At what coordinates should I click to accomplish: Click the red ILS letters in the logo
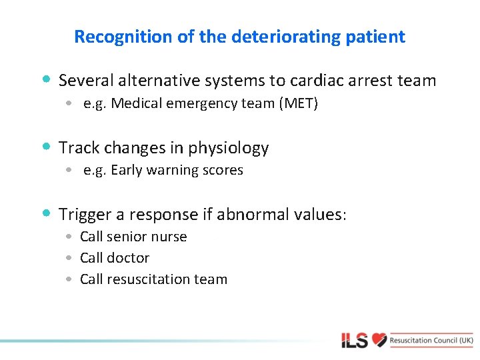coord(355,341)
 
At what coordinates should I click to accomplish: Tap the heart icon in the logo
coord(379,340)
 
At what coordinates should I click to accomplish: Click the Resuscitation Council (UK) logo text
coord(432,340)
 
